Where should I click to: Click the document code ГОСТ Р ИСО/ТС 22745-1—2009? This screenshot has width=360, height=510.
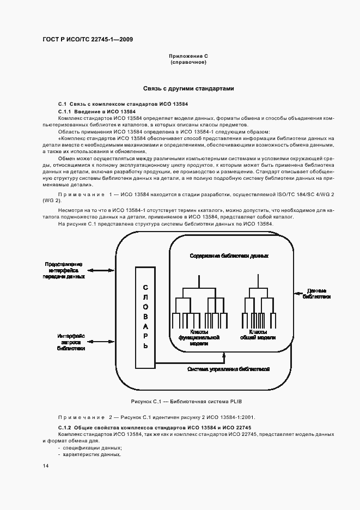[x=88, y=40]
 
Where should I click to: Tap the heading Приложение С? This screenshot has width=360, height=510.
[x=189, y=57]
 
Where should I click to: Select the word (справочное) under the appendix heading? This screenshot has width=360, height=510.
[x=188, y=63]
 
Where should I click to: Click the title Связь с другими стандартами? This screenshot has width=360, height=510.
[x=188, y=88]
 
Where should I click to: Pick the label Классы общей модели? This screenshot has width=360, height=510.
[x=258, y=335]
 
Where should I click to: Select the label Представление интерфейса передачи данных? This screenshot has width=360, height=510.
[x=64, y=270]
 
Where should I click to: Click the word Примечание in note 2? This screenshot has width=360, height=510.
[x=80, y=417]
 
